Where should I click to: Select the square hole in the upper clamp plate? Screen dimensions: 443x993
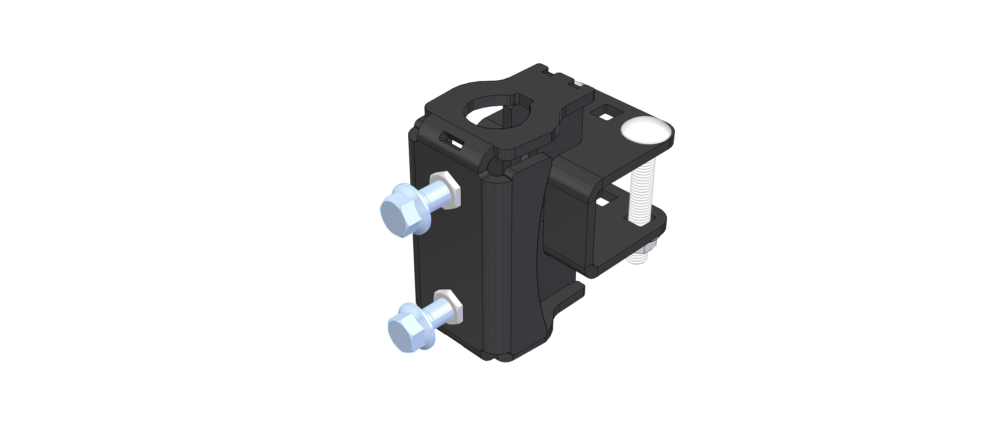tap(608, 112)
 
